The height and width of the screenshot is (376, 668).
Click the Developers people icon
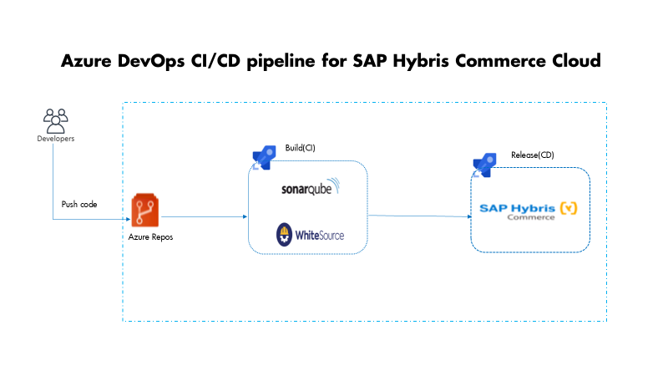click(55, 119)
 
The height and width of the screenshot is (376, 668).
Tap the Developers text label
click(55, 139)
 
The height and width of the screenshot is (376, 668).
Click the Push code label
click(79, 204)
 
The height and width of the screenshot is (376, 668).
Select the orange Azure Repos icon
click(144, 209)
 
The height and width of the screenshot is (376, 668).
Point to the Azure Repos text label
click(145, 237)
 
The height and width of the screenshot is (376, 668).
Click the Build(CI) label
click(300, 148)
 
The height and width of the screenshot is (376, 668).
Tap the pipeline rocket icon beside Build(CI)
click(264, 156)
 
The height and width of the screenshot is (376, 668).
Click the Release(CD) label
click(532, 155)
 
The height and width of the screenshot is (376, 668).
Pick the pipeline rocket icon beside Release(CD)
click(485, 164)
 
